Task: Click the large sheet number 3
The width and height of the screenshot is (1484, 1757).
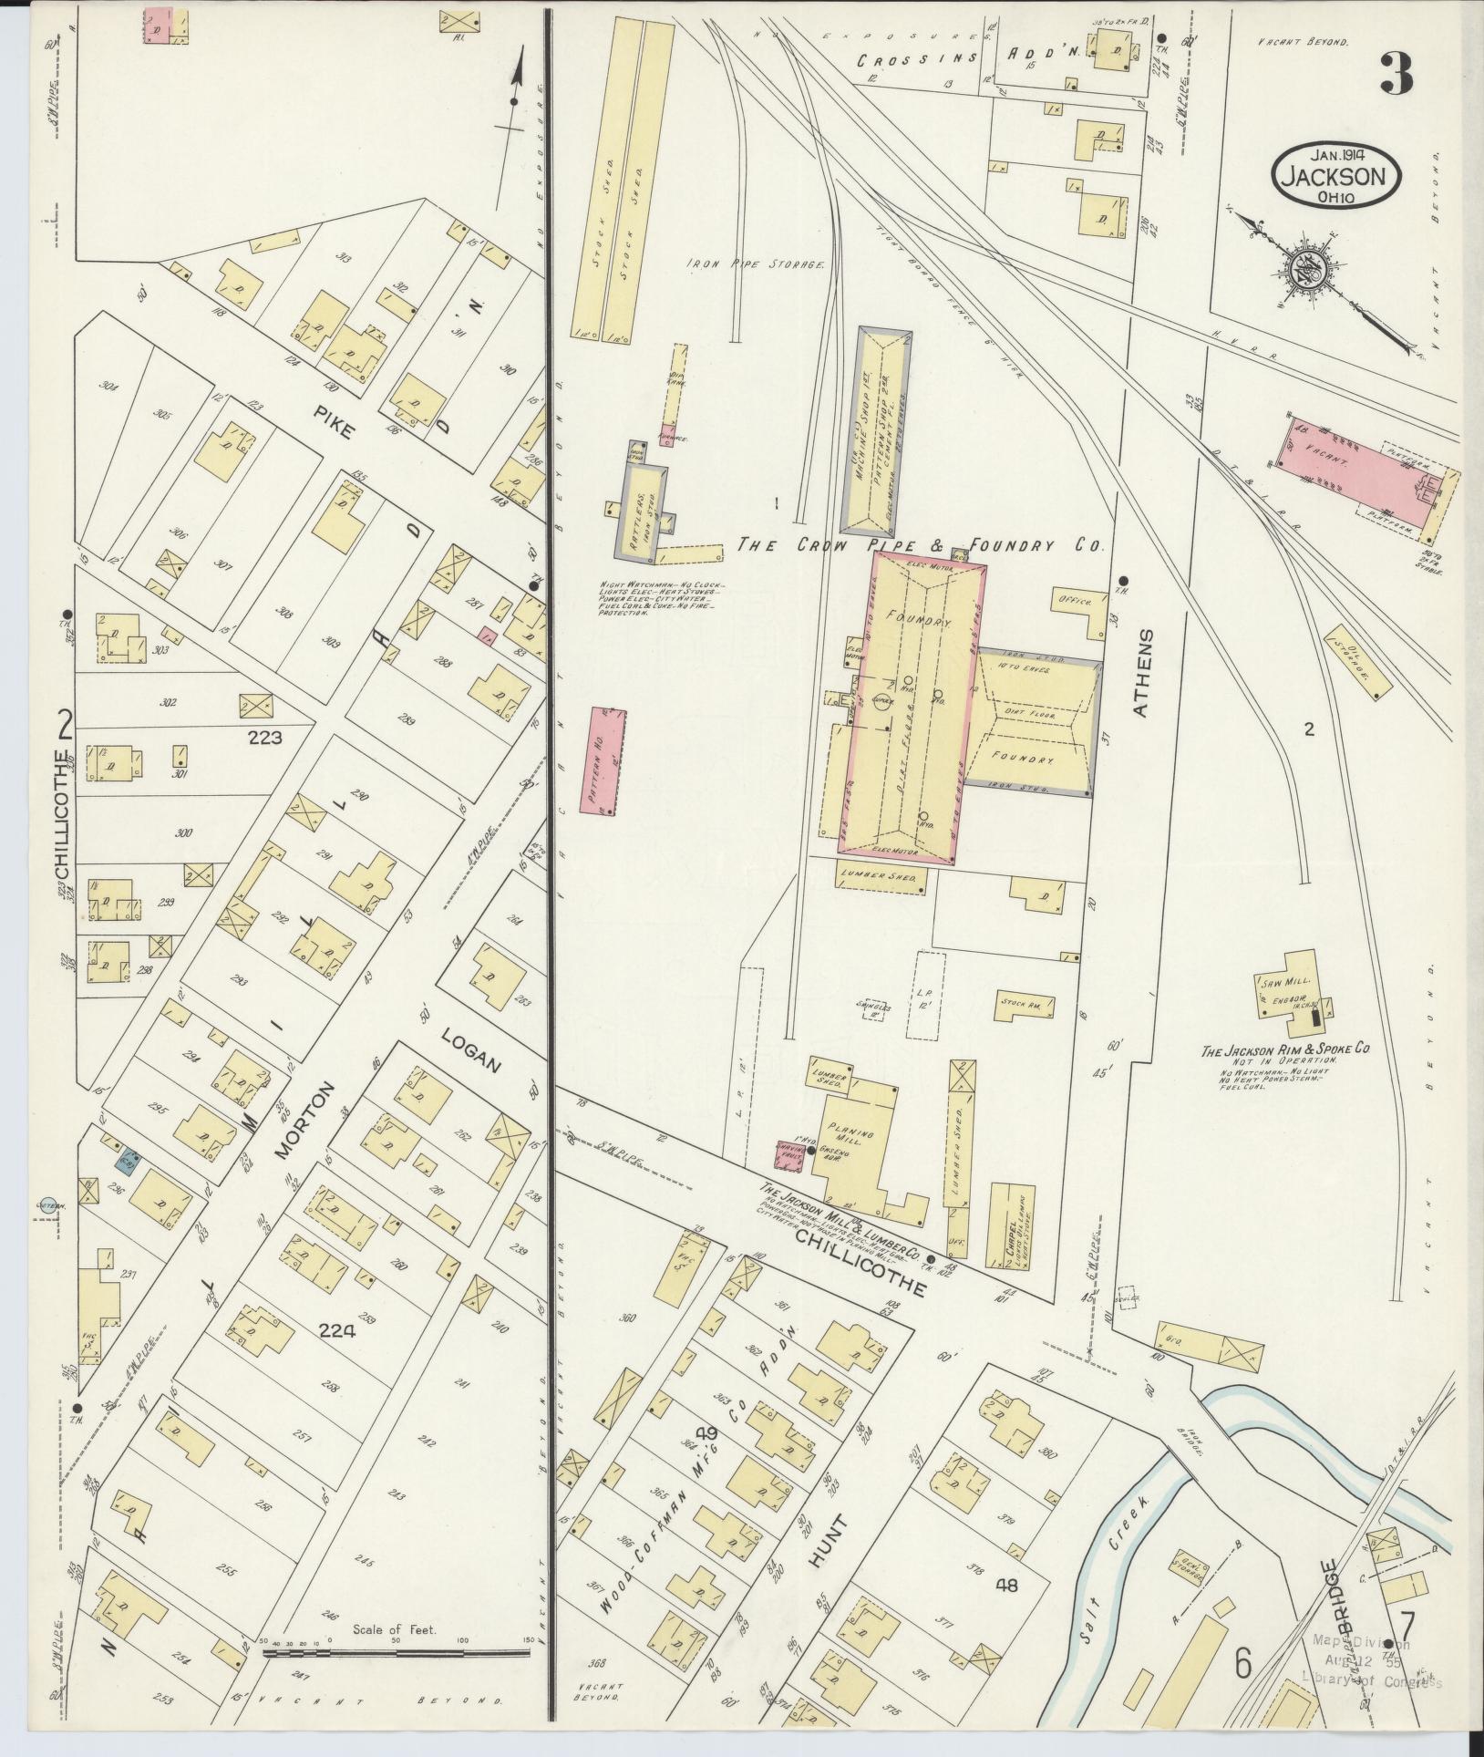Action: click(1396, 74)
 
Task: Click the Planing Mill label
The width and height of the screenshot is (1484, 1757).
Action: click(850, 1134)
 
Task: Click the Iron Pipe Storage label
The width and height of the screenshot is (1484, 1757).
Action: click(756, 264)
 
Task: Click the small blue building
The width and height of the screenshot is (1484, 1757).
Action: click(127, 1161)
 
